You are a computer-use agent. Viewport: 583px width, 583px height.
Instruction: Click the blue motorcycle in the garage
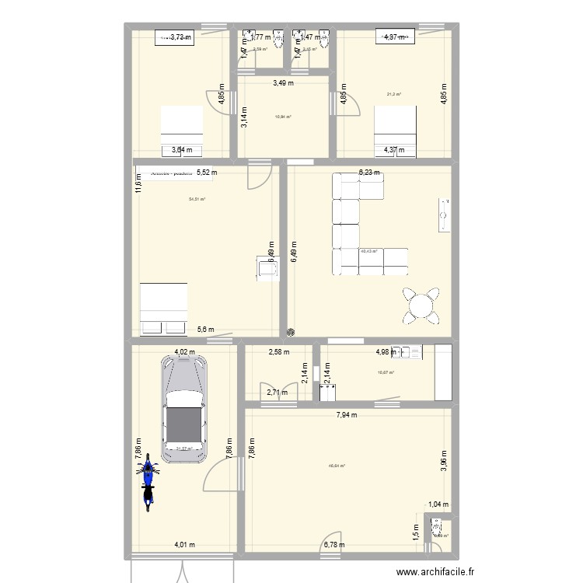[148, 483]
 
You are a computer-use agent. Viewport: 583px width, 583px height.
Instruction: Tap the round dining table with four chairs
[421, 305]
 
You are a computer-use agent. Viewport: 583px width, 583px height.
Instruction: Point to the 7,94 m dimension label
[347, 415]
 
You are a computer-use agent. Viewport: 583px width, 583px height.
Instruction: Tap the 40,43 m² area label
[368, 251]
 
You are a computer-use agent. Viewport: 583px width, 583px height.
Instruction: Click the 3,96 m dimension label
[444, 461]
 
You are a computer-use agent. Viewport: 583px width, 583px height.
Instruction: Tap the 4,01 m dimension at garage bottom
[184, 544]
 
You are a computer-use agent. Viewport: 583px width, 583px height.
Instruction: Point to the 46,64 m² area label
[337, 466]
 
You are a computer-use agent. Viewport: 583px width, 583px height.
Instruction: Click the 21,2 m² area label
[393, 95]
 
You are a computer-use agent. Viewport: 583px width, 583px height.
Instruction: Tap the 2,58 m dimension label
[278, 352]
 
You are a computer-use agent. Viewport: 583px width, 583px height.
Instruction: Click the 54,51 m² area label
[197, 199]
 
